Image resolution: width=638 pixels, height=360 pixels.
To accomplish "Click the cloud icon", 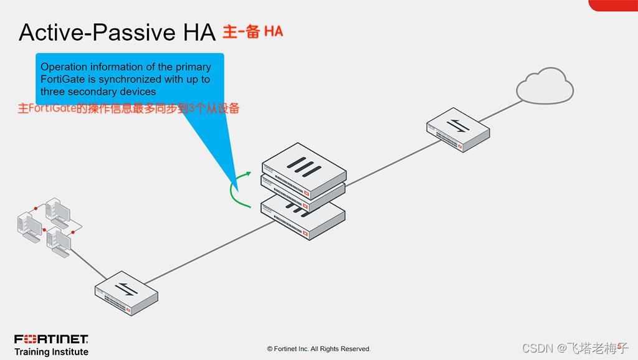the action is click(545, 87).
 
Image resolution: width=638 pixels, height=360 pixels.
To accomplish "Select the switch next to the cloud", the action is click(458, 130).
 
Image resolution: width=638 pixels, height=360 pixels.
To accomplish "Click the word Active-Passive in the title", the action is click(93, 32).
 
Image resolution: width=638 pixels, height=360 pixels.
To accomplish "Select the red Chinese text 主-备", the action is click(240, 31).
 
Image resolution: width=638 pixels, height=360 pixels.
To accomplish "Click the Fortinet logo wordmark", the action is click(51, 339).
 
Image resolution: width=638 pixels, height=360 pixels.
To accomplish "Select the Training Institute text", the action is click(51, 352).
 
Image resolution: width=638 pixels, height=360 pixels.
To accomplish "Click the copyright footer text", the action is click(318, 349).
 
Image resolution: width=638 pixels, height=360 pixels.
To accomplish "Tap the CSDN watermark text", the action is click(574, 348).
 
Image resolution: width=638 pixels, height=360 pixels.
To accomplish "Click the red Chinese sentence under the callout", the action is click(128, 108).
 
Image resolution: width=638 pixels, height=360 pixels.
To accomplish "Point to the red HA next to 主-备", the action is click(274, 31).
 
